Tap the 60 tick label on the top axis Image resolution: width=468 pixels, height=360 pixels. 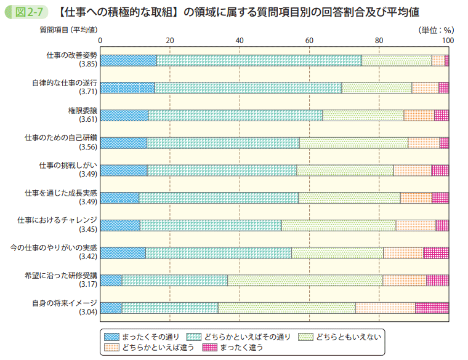(x=310, y=41)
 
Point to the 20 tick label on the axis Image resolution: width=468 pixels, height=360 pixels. (x=171, y=41)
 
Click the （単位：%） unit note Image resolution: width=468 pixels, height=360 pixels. (x=435, y=30)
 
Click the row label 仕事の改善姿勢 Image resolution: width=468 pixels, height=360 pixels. (x=71, y=55)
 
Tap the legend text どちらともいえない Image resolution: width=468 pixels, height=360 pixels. (x=349, y=337)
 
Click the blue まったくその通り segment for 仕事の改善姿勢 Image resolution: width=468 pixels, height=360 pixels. (x=128, y=60)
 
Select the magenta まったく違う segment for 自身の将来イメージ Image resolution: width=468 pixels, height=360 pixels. (x=432, y=308)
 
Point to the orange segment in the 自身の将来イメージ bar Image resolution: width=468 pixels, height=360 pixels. (x=385, y=308)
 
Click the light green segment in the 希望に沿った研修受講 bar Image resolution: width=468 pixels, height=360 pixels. (x=305, y=280)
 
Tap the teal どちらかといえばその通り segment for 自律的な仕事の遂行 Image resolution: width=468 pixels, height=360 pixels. (x=248, y=87)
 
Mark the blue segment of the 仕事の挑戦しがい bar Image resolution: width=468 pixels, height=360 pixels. (x=124, y=170)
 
